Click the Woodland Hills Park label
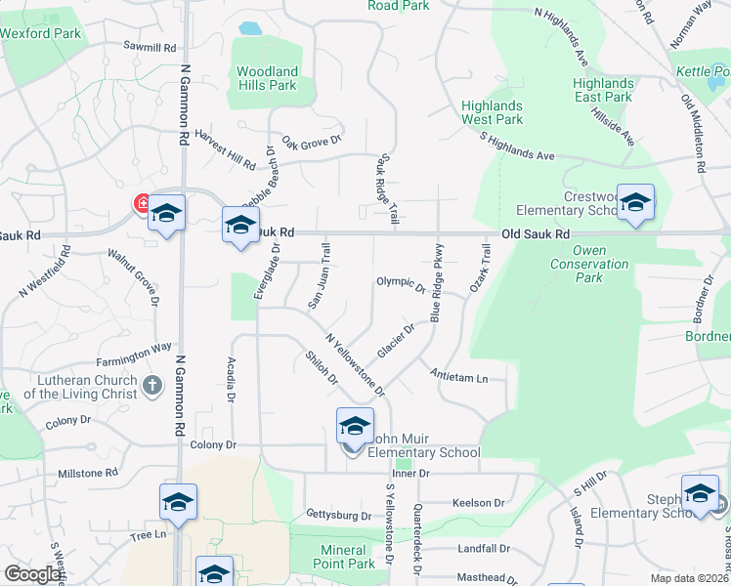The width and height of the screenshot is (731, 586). pyautogui.click(x=267, y=78)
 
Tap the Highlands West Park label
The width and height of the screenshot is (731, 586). pyautogui.click(x=493, y=112)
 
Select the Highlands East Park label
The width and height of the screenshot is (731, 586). pyautogui.click(x=603, y=91)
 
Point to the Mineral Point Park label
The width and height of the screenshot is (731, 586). pyautogui.click(x=346, y=557)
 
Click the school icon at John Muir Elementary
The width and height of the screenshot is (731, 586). pyautogui.click(x=355, y=427)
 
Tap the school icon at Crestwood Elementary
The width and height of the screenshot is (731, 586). pyautogui.click(x=635, y=203)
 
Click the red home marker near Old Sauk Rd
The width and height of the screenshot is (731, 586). pyautogui.click(x=142, y=204)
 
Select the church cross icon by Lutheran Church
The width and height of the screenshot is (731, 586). pyautogui.click(x=151, y=386)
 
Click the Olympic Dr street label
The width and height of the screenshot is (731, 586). pyautogui.click(x=401, y=284)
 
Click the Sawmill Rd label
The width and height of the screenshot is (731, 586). pyautogui.click(x=150, y=47)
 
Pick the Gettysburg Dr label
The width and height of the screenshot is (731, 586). pyautogui.click(x=339, y=515)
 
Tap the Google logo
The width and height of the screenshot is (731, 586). pyautogui.click(x=33, y=574)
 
